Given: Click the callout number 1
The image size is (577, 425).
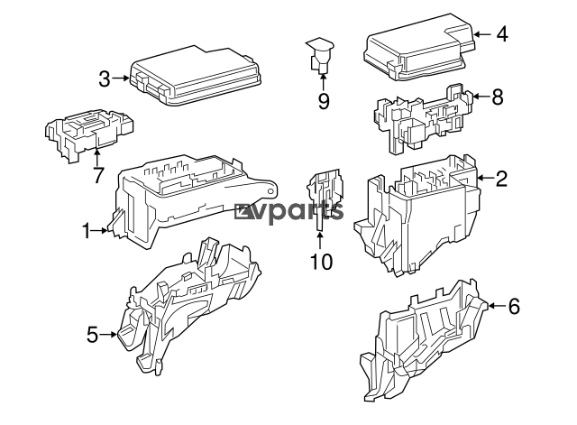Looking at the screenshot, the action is [x=87, y=231].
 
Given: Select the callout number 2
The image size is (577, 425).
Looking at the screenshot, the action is [x=501, y=179].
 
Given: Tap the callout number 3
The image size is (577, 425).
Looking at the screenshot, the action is [x=105, y=79].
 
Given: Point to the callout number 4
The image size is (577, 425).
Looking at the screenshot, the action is [x=502, y=34].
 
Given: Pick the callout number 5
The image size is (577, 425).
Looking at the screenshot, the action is [x=92, y=335].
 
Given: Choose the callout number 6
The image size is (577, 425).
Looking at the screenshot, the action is [x=514, y=306].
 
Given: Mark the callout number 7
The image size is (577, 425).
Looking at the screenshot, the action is [x=97, y=175].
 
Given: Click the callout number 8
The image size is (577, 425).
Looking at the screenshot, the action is [x=498, y=97].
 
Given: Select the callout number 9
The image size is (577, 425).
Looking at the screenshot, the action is [x=324, y=101].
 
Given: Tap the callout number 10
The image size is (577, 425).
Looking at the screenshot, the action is [x=321, y=262].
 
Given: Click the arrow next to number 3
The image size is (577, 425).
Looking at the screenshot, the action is [x=121, y=79].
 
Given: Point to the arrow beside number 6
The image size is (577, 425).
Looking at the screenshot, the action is [x=497, y=306].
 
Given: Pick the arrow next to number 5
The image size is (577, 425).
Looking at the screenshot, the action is [x=108, y=335].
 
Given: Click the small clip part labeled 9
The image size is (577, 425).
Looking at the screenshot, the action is [x=319, y=56].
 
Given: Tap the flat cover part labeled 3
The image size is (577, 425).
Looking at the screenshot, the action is [x=195, y=76].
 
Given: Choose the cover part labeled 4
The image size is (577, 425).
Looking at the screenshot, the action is [x=419, y=47].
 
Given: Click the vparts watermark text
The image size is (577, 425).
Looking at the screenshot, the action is [x=289, y=212].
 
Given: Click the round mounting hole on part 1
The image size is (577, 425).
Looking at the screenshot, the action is [x=271, y=191].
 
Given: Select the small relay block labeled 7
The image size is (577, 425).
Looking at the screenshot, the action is [x=89, y=134].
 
